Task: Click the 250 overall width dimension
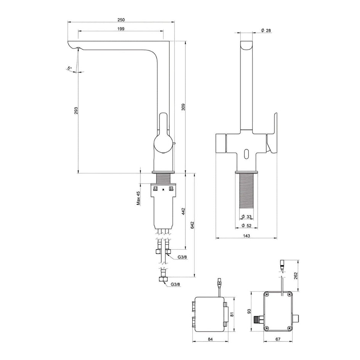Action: point(121,20)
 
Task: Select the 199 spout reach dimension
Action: point(121,29)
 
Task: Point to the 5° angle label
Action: point(69,68)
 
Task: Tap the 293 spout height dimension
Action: point(76,111)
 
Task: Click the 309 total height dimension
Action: point(183,107)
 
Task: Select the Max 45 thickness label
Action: point(138,198)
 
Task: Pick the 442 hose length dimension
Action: point(183,212)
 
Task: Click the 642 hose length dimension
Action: point(193,225)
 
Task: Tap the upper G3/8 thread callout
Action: point(182,257)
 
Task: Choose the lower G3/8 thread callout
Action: point(175,284)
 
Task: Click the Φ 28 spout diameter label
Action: point(266,30)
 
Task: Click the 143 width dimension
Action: point(246,236)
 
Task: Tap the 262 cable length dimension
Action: point(296,275)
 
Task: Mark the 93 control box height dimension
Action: point(249,311)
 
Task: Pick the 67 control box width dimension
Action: point(278,339)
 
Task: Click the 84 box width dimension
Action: point(210,339)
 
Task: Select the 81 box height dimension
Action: point(232,314)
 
